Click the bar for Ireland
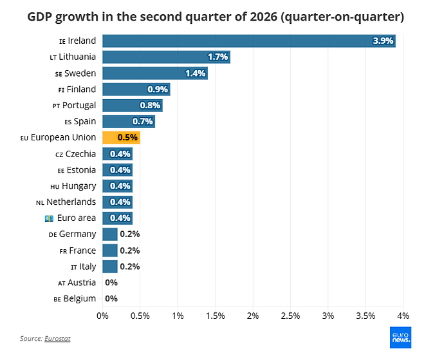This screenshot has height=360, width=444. click(x=249, y=41)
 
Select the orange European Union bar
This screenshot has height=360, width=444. click(x=121, y=137)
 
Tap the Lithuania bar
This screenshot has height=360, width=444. click(x=166, y=57)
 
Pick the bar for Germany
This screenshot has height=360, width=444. click(x=110, y=234)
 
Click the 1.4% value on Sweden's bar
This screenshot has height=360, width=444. click(x=196, y=73)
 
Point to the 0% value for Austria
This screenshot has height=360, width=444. click(x=111, y=283)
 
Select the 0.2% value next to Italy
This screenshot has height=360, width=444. click(x=130, y=267)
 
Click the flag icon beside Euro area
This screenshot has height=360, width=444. click(x=50, y=218)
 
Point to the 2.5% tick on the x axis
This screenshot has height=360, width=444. click(x=290, y=316)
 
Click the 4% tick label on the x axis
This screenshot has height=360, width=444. click(x=403, y=316)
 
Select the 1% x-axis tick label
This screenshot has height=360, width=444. click(x=178, y=316)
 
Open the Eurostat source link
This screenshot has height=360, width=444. click(x=57, y=339)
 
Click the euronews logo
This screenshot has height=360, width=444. click(x=400, y=337)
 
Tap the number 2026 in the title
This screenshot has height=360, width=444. click(x=263, y=17)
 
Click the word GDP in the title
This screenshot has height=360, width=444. click(x=39, y=17)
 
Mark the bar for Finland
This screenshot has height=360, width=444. click(x=136, y=90)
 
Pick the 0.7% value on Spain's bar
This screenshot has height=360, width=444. click(x=143, y=122)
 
